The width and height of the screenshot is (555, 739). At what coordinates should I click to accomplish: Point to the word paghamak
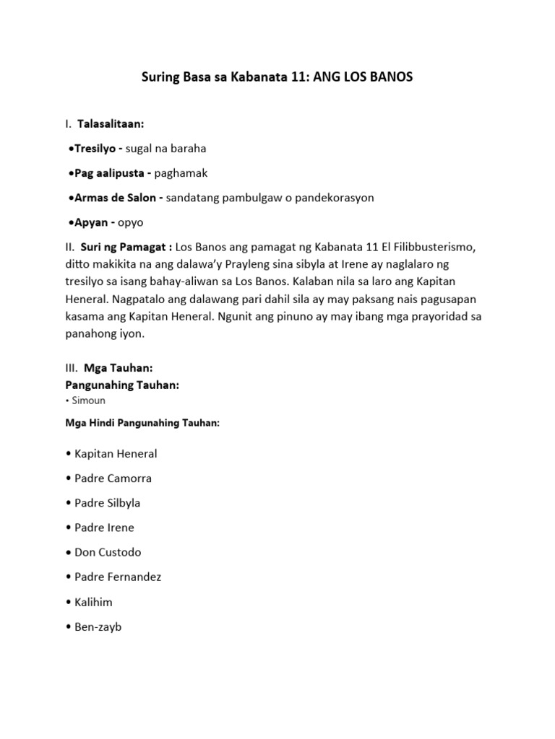click(181, 173)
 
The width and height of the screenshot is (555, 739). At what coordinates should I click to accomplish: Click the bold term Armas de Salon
click(119, 198)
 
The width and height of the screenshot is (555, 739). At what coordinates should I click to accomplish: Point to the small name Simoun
click(90, 400)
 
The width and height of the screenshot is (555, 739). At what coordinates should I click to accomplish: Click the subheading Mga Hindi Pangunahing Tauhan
click(142, 423)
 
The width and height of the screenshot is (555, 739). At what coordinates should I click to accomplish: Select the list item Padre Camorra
click(113, 478)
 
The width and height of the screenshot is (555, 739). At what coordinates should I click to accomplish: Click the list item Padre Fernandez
click(118, 577)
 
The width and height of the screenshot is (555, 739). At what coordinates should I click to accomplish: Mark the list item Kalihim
click(93, 602)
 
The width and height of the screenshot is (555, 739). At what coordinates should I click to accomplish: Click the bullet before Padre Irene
click(67, 528)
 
